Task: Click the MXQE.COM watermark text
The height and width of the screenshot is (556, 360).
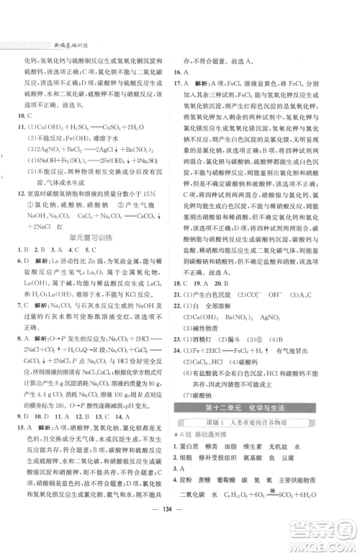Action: pyautogui.click(x=328, y=542)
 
